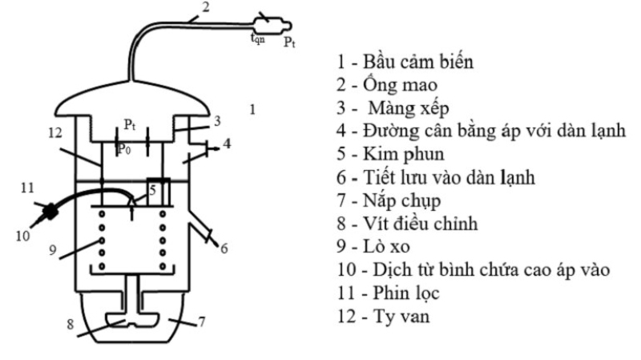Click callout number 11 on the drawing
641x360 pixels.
point(26,188)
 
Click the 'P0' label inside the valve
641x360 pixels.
point(123,148)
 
